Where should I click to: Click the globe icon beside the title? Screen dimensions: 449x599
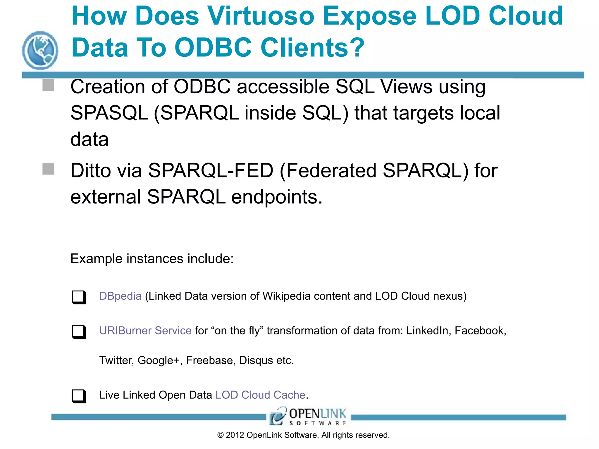click(x=40, y=50)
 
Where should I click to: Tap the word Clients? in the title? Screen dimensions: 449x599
click(x=312, y=48)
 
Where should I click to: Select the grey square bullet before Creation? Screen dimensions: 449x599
click(x=48, y=85)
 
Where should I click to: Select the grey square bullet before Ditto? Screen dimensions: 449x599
click(x=48, y=169)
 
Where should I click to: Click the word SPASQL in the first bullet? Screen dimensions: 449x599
click(x=109, y=113)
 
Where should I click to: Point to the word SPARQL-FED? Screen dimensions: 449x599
click(x=211, y=170)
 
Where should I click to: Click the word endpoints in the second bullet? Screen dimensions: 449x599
click(x=277, y=197)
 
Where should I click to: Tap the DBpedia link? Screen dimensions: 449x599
click(x=120, y=296)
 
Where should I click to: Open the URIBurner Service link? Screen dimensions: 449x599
click(x=145, y=331)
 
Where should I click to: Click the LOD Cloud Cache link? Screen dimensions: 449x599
click(x=260, y=395)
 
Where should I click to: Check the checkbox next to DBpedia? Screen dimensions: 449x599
click(x=79, y=297)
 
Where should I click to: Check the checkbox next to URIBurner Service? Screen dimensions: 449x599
click(x=79, y=332)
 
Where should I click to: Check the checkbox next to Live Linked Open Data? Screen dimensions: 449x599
click(x=79, y=396)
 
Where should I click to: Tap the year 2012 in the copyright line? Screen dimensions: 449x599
click(x=235, y=435)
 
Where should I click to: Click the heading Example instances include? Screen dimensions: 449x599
click(x=152, y=259)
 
